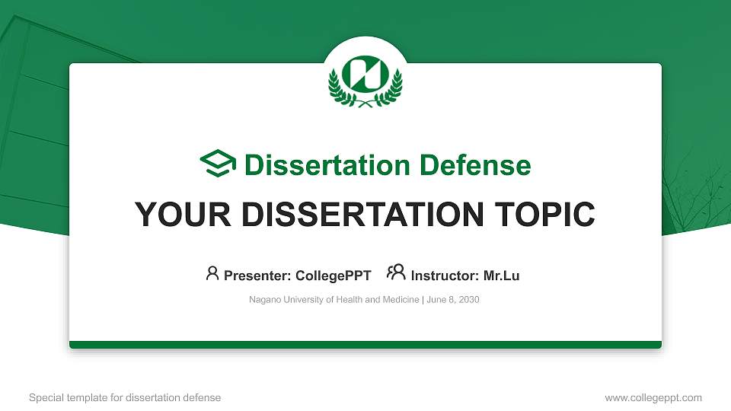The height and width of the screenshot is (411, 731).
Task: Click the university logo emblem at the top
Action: click(x=365, y=78)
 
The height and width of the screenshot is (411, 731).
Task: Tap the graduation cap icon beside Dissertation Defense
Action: click(x=218, y=164)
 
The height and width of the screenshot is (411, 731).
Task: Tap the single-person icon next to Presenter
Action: click(x=212, y=272)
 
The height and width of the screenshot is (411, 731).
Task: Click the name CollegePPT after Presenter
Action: click(x=334, y=276)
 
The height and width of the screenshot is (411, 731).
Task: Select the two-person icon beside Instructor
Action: click(x=396, y=272)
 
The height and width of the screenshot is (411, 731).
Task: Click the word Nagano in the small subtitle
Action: click(x=264, y=300)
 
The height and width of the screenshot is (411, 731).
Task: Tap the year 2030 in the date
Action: click(x=467, y=300)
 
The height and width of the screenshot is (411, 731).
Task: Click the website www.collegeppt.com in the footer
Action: click(x=653, y=397)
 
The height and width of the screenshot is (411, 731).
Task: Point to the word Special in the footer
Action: click(x=44, y=397)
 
